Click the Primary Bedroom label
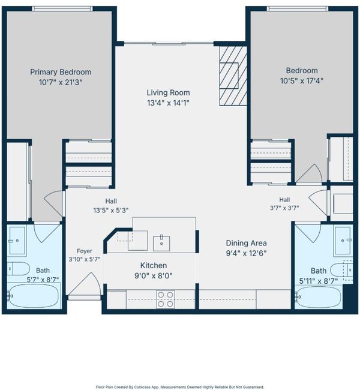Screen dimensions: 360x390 pos(61,72)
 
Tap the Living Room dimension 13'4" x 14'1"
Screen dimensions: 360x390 pos(168,103)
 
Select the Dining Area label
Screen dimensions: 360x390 pos(247,243)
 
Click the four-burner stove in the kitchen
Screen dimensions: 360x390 pos(166,299)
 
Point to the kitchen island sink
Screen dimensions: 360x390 pos(161,243)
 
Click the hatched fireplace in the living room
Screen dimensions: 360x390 pos(233,76)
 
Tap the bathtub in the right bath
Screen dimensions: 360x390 pos(319,297)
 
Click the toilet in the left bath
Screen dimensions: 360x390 pos(18,269)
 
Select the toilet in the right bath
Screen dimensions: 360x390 pos(341,269)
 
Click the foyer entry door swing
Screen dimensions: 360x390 pos(85,284)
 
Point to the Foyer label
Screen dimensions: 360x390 pos(85,251)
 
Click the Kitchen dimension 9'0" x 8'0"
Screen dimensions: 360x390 pos(154,276)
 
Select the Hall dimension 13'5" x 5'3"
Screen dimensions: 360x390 pos(111,211)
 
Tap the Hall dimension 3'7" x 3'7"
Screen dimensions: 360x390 pos(284,208)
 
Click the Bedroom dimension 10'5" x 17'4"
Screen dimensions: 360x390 pos(302,81)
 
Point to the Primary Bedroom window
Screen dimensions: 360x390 pos(62,9)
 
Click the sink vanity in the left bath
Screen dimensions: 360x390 pos(16,241)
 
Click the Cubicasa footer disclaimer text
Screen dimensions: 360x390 pos(179,387)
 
